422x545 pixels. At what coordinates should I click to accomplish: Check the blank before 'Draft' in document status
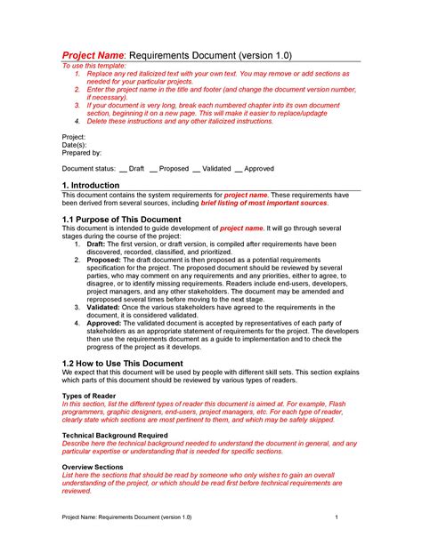coord(123,167)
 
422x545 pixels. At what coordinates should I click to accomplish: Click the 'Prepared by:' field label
coord(81,153)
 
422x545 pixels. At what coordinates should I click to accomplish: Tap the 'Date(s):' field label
coord(75,145)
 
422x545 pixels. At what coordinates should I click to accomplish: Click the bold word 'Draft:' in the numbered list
coord(96,244)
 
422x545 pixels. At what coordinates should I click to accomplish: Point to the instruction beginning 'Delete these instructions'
coord(179,121)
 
